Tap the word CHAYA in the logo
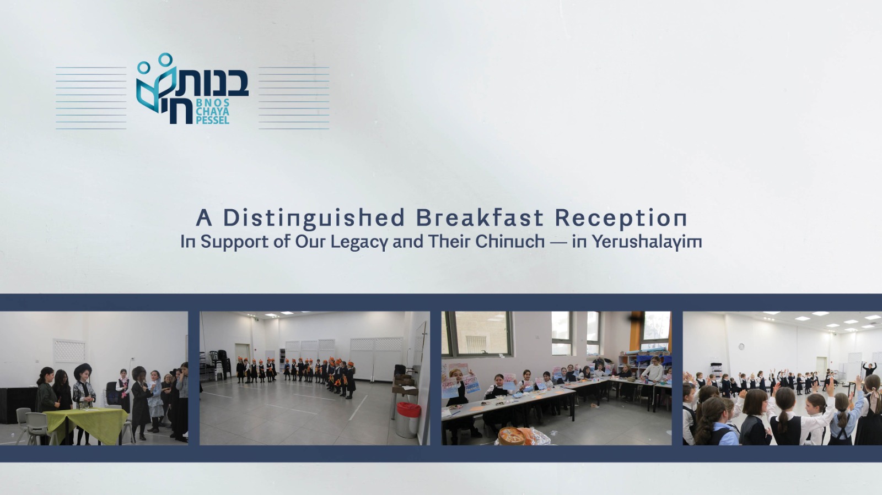[x=213, y=111]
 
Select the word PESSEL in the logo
[x=213, y=120]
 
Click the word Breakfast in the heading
[x=480, y=217]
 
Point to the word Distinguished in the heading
[x=314, y=219]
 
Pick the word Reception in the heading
[x=621, y=219]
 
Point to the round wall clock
[x=741, y=346]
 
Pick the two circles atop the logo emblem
[x=155, y=63]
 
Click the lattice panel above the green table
[x=69, y=351]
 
